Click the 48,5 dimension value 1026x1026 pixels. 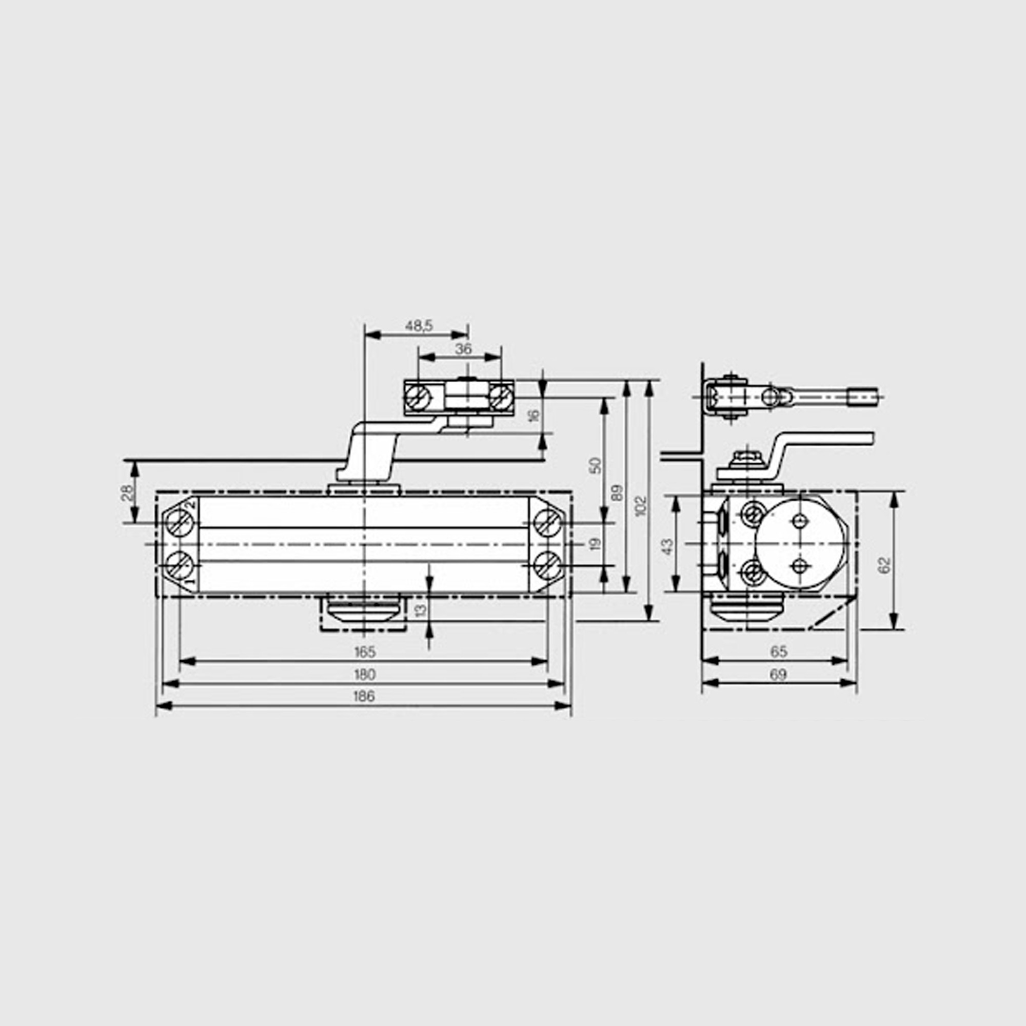tap(419, 326)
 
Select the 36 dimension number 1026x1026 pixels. tap(464, 349)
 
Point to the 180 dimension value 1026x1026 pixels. tap(364, 675)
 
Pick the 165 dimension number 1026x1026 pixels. tap(364, 651)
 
